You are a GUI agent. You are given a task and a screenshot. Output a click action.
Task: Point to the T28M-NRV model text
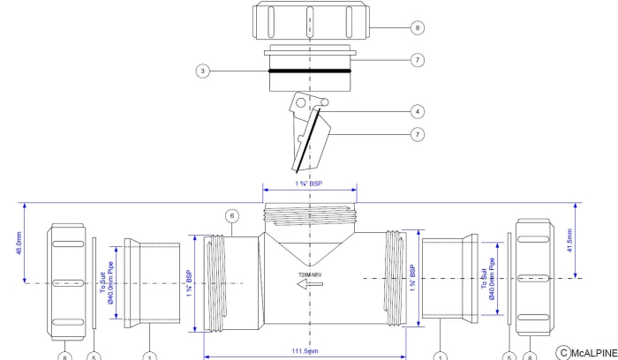(x=310, y=274)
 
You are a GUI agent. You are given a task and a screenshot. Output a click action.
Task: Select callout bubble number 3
(x=204, y=71)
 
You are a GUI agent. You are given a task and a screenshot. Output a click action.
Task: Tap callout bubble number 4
(x=418, y=112)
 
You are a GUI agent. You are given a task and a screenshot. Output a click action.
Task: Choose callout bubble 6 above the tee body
(x=232, y=215)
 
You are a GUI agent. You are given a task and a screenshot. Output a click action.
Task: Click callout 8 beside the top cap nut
(x=418, y=27)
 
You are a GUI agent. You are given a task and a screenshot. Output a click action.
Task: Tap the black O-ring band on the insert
(x=309, y=71)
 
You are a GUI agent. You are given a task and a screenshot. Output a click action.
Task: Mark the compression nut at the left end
(x=70, y=278)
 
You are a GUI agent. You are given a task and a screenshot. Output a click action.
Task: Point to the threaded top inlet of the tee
(x=309, y=214)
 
